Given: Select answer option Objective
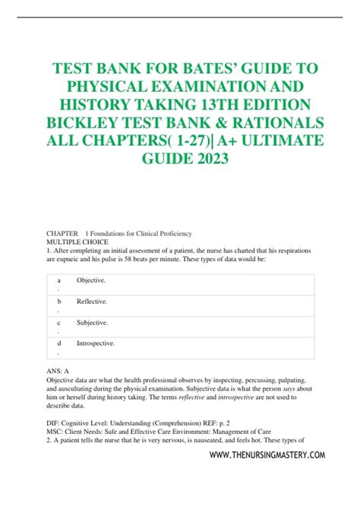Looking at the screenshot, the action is (91, 280).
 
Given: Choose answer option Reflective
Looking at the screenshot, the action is (92, 302).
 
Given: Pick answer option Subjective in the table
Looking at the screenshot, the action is (93, 322).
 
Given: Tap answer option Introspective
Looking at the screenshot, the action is (96, 344).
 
